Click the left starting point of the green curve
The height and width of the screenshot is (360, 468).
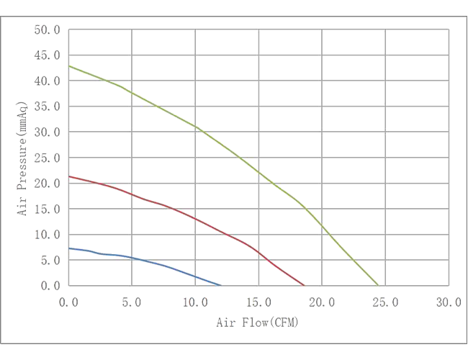[70, 66]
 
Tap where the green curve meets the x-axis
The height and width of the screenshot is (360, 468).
[379, 286]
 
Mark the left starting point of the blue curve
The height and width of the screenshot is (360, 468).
[70, 248]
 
